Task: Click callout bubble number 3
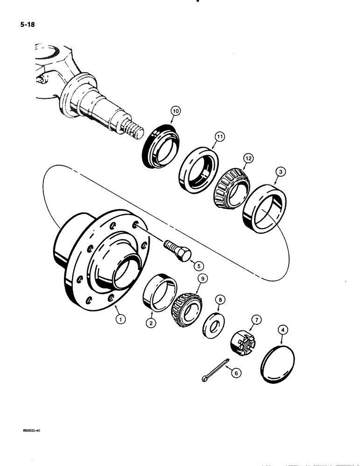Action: click(280, 171)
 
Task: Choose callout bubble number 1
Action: click(121, 319)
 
